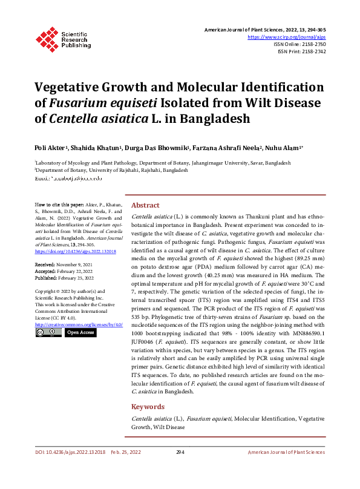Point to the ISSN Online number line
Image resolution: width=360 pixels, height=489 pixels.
pos(300,44)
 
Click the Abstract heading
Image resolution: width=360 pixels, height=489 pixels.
pos(146,205)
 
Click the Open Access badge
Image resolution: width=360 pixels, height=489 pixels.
pos(80,332)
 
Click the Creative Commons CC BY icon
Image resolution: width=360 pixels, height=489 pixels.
pos(47,332)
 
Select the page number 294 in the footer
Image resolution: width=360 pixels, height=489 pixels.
pos(180,452)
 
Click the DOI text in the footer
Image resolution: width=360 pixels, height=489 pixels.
pos(70,452)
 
